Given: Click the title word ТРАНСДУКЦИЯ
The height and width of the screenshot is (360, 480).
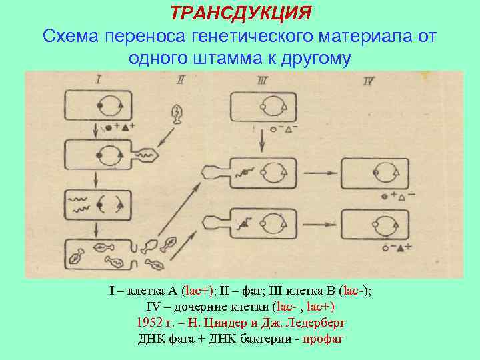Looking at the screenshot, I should coord(240,13).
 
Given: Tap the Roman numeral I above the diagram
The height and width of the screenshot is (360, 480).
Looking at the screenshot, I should coord(98,80).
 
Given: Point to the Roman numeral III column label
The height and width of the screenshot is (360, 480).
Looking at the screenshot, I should coord(262,81).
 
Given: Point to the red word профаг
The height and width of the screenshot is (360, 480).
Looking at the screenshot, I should coord(323,338).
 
